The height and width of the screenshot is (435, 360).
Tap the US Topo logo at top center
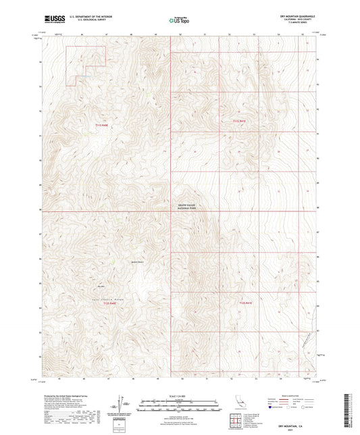(x=177, y=20)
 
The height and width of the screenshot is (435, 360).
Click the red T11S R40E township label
(x=102, y=125)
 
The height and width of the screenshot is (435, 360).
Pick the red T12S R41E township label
(x=246, y=305)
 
